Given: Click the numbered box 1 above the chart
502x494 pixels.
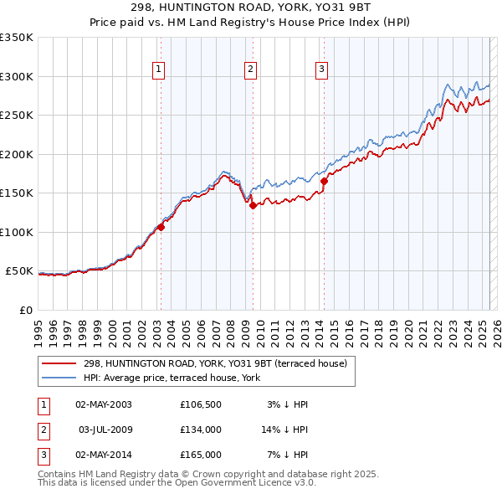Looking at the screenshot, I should click(158, 69).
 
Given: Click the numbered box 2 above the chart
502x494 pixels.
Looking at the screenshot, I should click(250, 69).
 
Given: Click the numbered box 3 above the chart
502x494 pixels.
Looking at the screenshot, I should click(321, 69).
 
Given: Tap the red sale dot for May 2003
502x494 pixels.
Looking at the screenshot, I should click(161, 227).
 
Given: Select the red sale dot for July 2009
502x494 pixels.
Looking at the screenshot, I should click(253, 206).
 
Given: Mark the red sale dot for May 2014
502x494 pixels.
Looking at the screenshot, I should click(324, 181).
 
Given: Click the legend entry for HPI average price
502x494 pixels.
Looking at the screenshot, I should click(172, 378).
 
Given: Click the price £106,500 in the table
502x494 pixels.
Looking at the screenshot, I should click(200, 404).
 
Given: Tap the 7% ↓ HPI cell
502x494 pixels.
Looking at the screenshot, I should click(289, 455).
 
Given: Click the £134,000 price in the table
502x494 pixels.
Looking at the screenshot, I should click(200, 430).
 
